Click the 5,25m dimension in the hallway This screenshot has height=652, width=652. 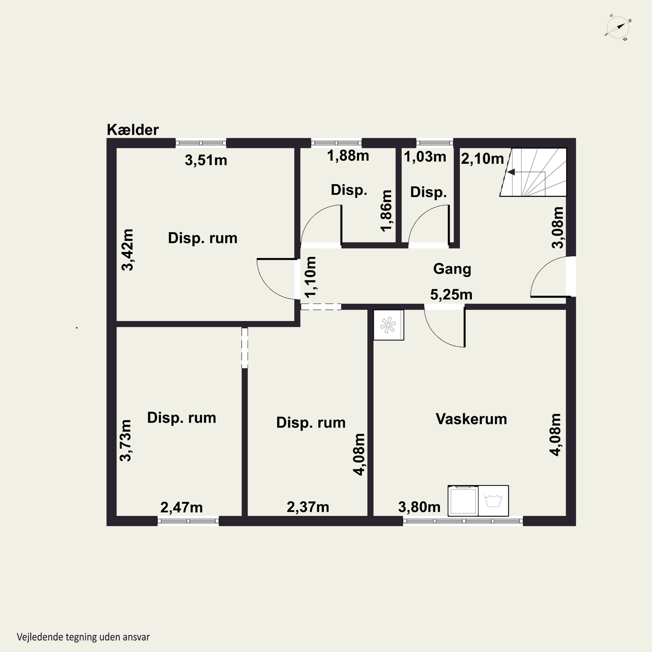451,295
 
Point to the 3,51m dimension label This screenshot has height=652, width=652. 206,160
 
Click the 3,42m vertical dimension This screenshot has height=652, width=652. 128,250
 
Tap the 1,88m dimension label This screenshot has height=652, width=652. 348,156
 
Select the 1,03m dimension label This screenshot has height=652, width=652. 425,157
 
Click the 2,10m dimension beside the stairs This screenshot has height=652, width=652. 482,159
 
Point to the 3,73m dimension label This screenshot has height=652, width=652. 126,440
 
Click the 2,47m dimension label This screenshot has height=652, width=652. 181,507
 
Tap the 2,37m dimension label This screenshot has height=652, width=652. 308,507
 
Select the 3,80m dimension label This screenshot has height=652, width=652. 419,507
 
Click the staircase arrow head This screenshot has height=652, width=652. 511,172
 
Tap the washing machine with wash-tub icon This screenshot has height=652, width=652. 493,501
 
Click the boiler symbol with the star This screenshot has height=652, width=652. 388,325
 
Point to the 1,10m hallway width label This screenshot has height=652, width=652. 311,277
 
